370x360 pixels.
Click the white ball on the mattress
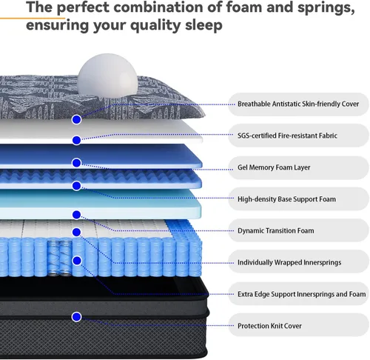coord(107,76)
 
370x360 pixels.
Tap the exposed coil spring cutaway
coord(60,257)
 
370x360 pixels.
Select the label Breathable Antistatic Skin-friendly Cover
coord(298,104)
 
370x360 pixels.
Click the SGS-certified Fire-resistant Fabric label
coord(287,136)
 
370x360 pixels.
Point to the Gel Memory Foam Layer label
coord(274,167)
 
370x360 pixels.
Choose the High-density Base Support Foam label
coord(286,199)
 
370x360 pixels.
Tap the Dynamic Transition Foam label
coord(276,230)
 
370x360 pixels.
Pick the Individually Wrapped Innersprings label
coord(289,262)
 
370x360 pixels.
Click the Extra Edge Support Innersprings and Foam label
coord(301,294)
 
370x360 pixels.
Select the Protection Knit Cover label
coord(269,326)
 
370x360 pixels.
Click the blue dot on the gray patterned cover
coord(77,120)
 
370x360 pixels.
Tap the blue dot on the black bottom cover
coord(77,317)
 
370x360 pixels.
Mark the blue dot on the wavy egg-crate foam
coord(77,186)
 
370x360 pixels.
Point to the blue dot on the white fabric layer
coord(77,140)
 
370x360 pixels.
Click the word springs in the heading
coord(326,8)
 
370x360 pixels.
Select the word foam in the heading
coord(244,7)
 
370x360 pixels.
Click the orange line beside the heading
coord(33,18)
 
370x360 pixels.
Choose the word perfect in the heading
coord(83,8)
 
